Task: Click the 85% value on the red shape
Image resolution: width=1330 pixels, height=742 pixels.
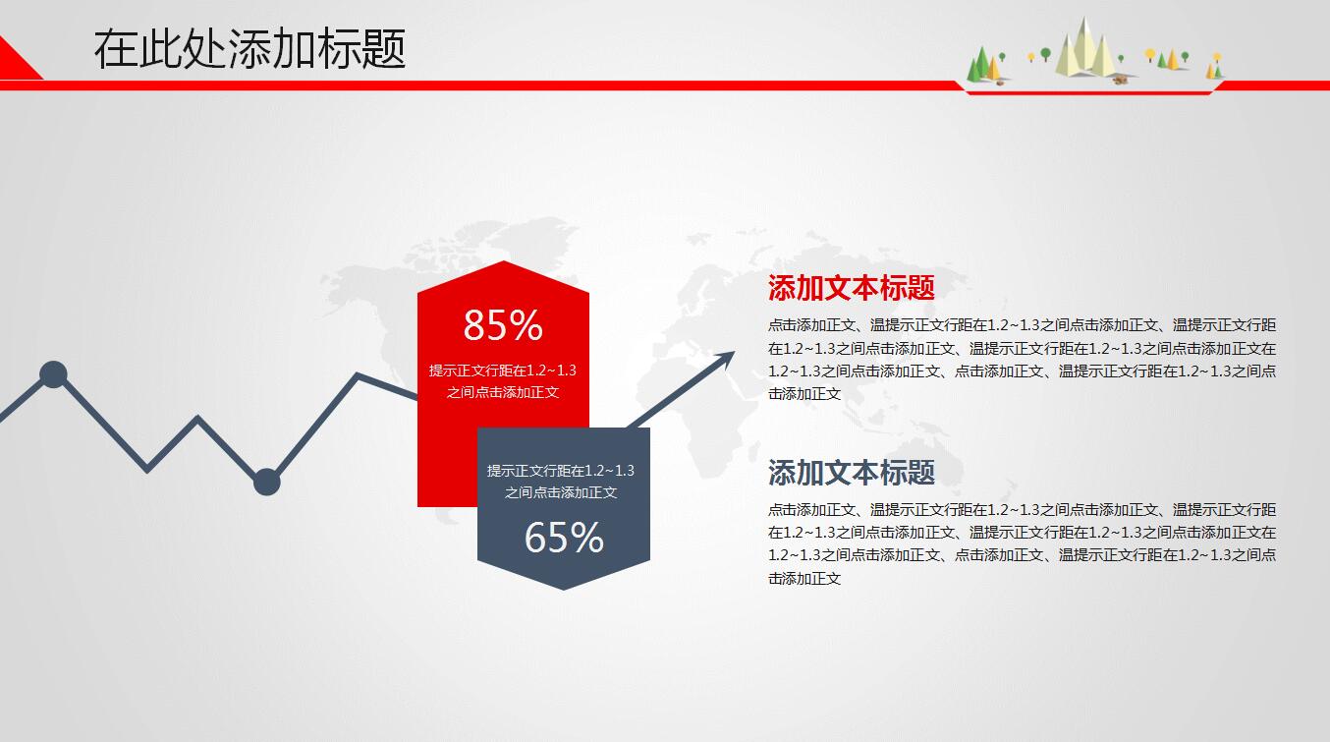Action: (x=503, y=325)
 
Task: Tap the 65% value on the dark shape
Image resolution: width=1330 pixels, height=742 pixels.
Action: (x=564, y=538)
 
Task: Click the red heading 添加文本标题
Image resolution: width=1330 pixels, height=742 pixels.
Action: (x=851, y=288)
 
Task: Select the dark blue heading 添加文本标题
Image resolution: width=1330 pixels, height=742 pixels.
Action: (x=851, y=473)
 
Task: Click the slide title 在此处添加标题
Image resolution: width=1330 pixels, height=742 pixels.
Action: (x=249, y=49)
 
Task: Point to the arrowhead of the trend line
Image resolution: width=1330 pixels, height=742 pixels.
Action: (x=728, y=356)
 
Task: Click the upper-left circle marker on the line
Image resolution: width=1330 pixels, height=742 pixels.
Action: (x=53, y=374)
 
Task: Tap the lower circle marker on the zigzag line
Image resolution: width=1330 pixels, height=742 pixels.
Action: (x=266, y=483)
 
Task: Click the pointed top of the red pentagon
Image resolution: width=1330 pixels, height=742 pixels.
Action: (x=504, y=264)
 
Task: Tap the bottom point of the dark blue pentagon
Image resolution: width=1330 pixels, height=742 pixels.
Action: (x=563, y=587)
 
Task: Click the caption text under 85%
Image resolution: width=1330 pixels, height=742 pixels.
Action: (x=503, y=381)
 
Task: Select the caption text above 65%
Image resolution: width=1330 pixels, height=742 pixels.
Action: (x=561, y=482)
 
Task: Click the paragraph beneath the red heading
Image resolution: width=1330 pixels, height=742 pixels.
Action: (x=1022, y=359)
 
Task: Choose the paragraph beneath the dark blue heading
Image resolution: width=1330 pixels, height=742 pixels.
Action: (x=1022, y=543)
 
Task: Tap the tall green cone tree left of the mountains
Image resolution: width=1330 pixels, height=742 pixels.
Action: (x=976, y=65)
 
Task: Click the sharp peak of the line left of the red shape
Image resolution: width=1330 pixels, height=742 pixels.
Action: (x=358, y=375)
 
